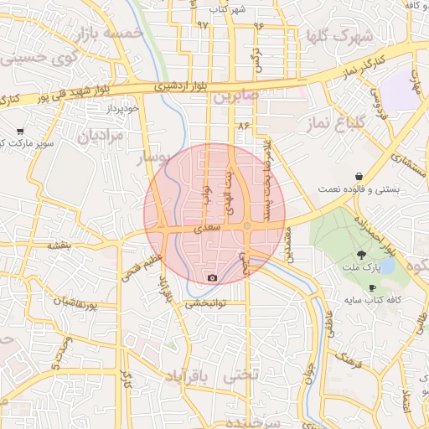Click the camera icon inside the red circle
[212, 277]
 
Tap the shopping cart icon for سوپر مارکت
[20, 132]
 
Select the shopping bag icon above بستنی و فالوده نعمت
[359, 177]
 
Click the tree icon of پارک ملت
[361, 254]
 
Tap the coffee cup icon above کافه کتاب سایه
[372, 287]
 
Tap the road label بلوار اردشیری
[178, 87]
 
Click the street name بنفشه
[61, 246]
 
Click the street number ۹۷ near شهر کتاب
[203, 24]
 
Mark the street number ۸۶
[244, 125]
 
